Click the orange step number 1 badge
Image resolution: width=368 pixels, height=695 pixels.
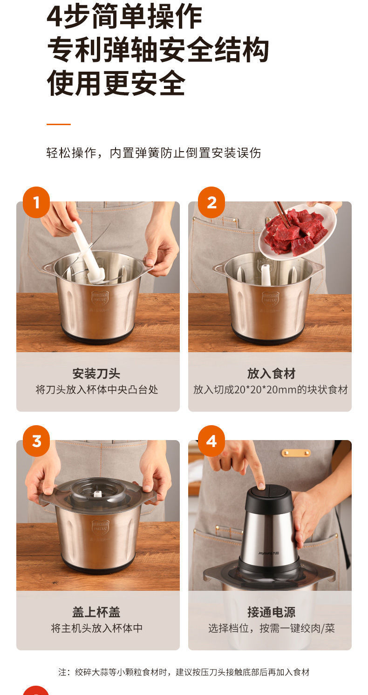(x=36, y=202)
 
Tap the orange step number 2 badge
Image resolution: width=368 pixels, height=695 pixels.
(x=211, y=202)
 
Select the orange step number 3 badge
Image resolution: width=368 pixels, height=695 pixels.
(x=36, y=441)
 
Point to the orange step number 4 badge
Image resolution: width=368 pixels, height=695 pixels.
(x=211, y=441)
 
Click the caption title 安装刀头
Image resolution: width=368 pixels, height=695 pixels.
(x=96, y=374)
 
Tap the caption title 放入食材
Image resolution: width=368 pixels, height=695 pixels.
(x=271, y=374)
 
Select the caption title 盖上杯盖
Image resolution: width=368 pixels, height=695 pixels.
(x=96, y=612)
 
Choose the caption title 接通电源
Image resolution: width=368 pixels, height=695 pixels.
(x=271, y=612)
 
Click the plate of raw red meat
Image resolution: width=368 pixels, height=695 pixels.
(x=297, y=231)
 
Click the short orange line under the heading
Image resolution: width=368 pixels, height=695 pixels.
(x=58, y=124)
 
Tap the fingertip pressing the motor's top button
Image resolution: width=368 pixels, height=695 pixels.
(x=260, y=486)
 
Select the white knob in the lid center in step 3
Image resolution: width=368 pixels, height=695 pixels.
(x=98, y=494)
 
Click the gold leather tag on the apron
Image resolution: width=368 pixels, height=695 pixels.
(x=296, y=453)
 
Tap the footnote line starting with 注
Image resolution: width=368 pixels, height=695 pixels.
(x=184, y=672)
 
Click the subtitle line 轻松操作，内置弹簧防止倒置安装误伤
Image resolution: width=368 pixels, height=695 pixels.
(x=153, y=153)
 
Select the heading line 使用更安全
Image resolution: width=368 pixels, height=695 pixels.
(x=116, y=84)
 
